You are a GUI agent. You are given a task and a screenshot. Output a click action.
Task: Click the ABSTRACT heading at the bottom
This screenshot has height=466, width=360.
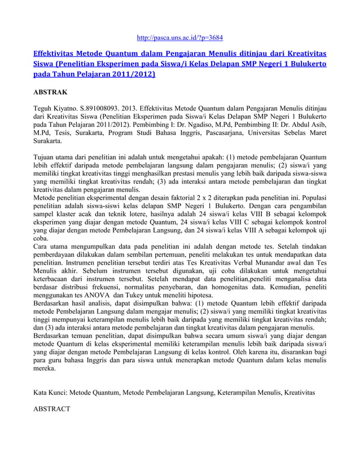coord(52,408)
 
